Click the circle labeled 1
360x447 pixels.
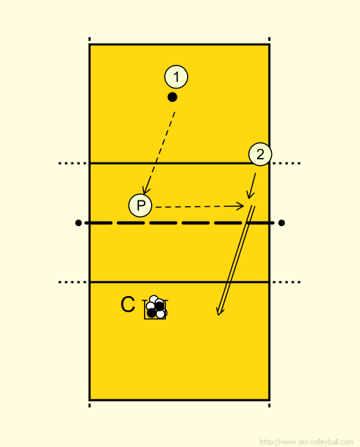176,77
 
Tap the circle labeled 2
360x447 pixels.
260,154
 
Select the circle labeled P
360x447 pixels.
140,206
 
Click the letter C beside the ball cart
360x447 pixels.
127,304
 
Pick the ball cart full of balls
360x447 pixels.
155,307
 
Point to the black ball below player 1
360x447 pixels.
172,97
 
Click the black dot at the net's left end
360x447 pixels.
78,223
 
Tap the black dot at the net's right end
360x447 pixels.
282,223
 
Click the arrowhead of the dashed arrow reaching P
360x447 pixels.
145,190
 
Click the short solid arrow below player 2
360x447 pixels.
251,186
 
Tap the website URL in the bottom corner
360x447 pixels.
307,442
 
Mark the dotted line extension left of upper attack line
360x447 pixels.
73,163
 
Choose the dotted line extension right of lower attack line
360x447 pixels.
286,282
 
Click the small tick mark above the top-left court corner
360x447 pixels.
89,39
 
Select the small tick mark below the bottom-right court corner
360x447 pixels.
269,405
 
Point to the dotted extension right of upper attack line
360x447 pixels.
286,163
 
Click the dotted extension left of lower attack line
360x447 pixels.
73,282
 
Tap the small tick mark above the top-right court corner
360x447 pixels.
269,39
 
